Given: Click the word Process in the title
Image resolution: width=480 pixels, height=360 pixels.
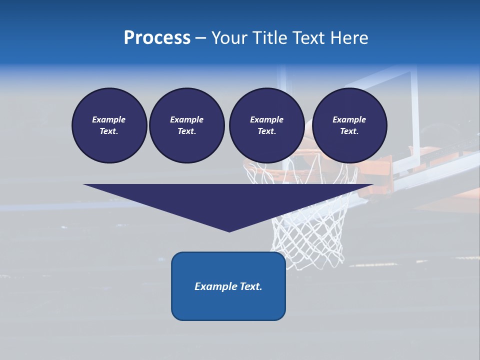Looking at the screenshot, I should click(157, 38).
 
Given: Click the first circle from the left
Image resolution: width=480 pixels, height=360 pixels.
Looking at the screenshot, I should click(109, 125).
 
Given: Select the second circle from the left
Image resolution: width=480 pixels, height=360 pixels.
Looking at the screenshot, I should click(187, 125).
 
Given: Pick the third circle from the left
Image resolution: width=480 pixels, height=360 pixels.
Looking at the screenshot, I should click(266, 125).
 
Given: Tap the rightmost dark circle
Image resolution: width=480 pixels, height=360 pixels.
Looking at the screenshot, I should click(349, 125).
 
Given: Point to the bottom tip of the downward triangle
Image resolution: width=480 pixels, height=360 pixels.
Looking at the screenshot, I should click(229, 231).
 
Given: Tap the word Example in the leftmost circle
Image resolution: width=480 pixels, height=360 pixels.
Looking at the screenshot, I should click(109, 119).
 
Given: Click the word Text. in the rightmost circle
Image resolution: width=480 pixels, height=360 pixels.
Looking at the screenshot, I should click(349, 131).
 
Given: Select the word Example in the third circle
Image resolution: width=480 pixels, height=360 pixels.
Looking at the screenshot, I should click(266, 119).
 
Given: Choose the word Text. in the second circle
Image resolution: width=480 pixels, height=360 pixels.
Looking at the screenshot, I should click(186, 131).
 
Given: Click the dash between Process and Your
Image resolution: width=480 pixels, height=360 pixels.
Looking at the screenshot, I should click(200, 38).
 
